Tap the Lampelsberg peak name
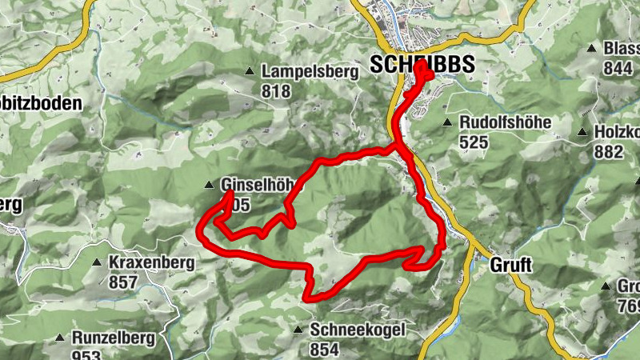(x=310, y=72)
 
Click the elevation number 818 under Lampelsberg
(x=276, y=91)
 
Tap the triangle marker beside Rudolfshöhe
(x=448, y=123)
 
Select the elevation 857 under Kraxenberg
(x=123, y=282)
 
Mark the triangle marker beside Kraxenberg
(x=97, y=262)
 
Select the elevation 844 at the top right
(x=618, y=69)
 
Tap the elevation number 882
(x=610, y=152)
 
